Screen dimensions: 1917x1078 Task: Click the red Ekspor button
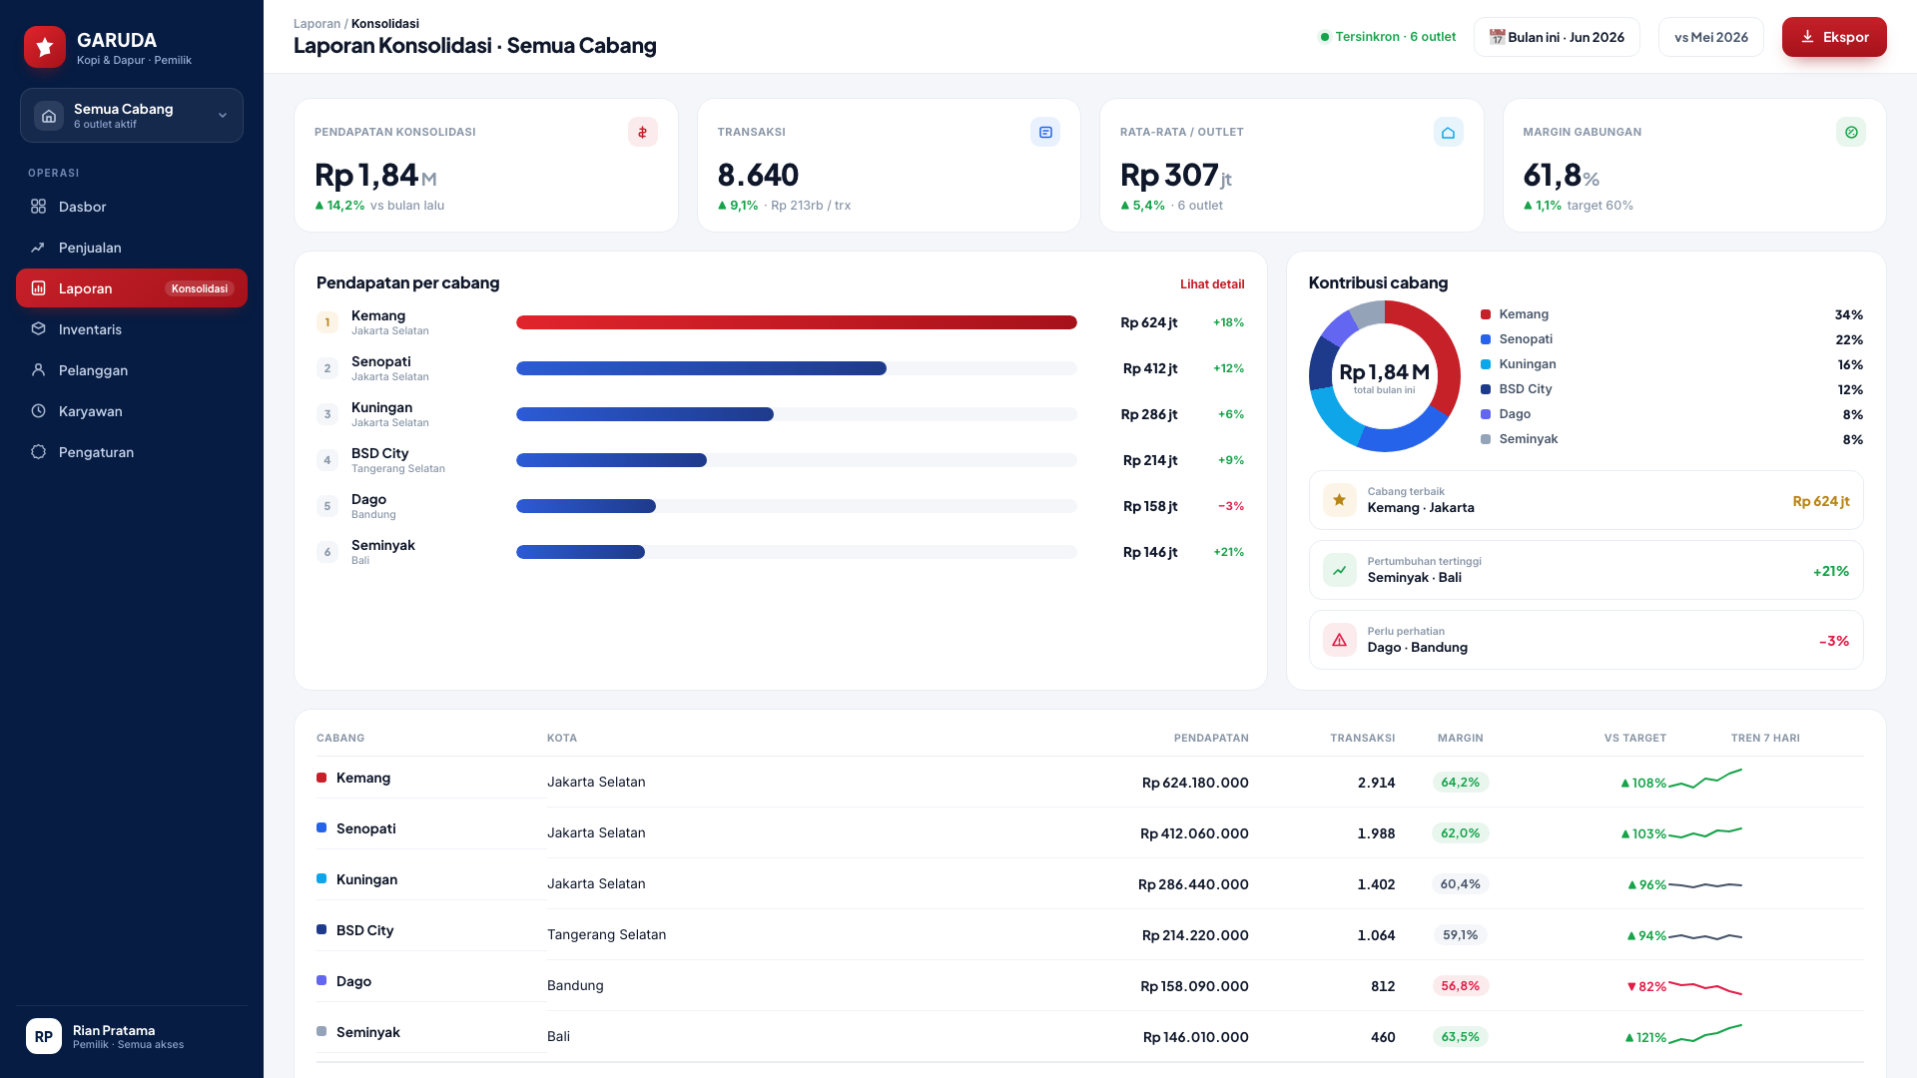1834,37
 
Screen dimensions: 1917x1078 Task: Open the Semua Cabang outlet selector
132,116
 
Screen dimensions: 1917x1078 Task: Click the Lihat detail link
1212,284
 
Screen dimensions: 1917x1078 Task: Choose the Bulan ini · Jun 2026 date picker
1557,37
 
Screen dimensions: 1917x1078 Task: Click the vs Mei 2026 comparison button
1711,37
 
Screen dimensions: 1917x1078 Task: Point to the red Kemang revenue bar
797,322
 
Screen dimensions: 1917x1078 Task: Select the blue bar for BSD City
611,460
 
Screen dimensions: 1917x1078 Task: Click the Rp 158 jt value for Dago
1150,506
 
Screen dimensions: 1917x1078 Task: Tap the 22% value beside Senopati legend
1849,339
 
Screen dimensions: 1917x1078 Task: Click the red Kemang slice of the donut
1438,349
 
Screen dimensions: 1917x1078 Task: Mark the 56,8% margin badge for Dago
1461,986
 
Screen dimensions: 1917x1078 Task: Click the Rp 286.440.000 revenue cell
1193,884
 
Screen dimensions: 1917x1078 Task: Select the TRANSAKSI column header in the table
1363,739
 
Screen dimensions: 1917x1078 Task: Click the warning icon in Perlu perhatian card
1340,640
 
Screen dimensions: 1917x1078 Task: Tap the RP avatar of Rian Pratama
44,1036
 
